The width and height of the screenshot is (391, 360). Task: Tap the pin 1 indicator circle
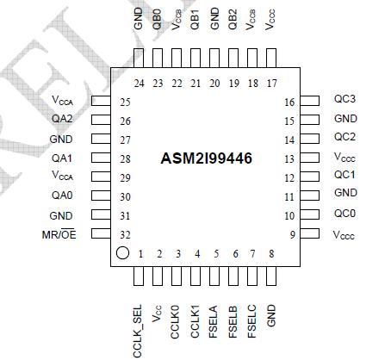point(122,254)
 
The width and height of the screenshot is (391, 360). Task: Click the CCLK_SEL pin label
point(138,325)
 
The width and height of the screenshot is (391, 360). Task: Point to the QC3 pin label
point(344,100)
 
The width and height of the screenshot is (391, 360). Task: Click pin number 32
point(125,234)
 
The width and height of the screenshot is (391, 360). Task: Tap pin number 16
point(289,101)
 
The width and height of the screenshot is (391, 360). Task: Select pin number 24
point(139,83)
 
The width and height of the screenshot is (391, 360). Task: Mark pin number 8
point(271,254)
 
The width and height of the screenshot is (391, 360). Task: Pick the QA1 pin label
point(61,158)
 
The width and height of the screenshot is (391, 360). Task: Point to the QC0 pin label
point(344,214)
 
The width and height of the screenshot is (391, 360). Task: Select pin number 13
point(289,158)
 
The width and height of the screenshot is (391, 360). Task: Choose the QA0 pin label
point(61,196)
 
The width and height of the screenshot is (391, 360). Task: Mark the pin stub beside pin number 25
point(102,102)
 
